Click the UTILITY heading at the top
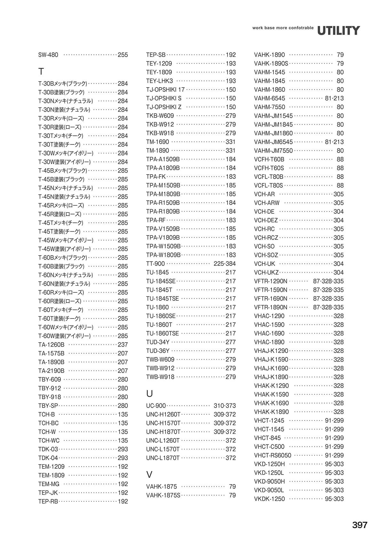339,31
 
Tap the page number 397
360,525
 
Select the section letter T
41,71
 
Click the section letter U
149,393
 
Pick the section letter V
149,474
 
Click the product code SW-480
48,55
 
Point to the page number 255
123,55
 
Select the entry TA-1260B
51,345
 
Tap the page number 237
123,345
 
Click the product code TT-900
156,264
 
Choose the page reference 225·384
224,264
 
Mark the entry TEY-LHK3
159,81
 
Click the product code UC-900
156,406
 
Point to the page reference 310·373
224,406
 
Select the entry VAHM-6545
269,98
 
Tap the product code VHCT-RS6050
273,455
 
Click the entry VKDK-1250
269,499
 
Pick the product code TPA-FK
156,177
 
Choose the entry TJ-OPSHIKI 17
165,90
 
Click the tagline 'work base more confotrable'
283,28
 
